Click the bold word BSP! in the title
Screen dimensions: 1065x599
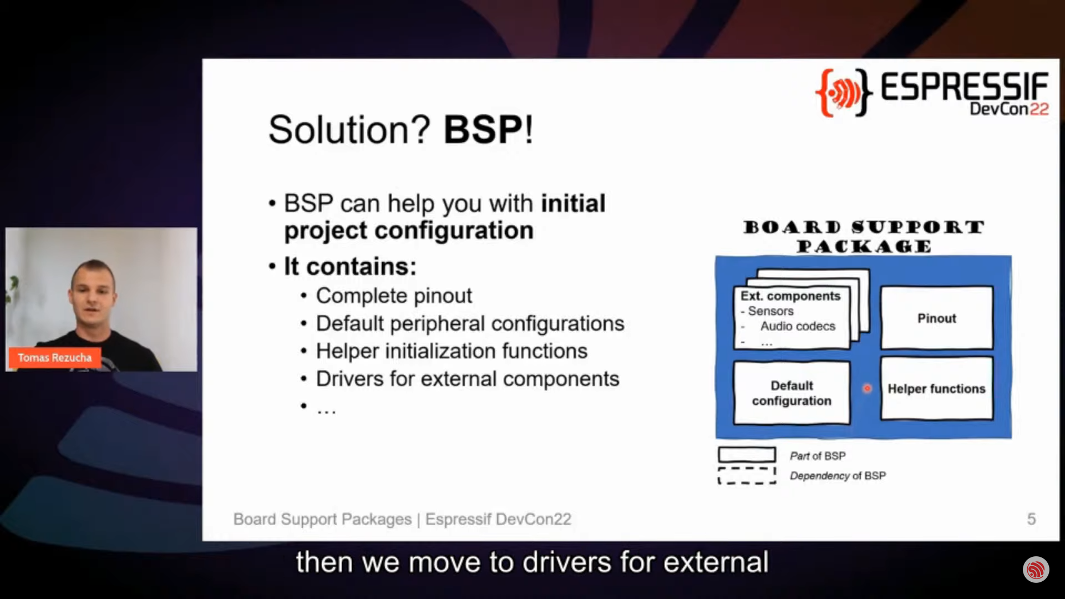(x=488, y=130)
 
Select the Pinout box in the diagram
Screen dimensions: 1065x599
(x=937, y=318)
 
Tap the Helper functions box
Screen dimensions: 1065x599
(x=937, y=388)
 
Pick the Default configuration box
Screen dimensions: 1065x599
(x=792, y=393)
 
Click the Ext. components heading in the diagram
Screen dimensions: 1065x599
(x=790, y=296)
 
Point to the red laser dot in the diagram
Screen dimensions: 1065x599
(x=867, y=388)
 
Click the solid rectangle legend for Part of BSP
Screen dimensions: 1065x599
(x=747, y=455)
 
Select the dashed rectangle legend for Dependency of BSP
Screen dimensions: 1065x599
(x=747, y=475)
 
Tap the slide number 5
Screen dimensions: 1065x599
(x=1031, y=519)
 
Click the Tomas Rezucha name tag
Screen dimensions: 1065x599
(x=54, y=358)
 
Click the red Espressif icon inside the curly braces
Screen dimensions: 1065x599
(x=844, y=93)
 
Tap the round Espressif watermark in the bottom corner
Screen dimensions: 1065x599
(x=1036, y=570)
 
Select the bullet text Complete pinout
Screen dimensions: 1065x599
(x=394, y=296)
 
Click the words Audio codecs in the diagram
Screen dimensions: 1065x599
(x=798, y=326)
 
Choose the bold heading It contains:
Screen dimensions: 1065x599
(x=350, y=266)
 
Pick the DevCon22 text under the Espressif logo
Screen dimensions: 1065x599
(x=1009, y=109)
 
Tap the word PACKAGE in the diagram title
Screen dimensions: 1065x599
(x=864, y=246)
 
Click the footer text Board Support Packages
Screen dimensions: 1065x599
(x=322, y=519)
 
